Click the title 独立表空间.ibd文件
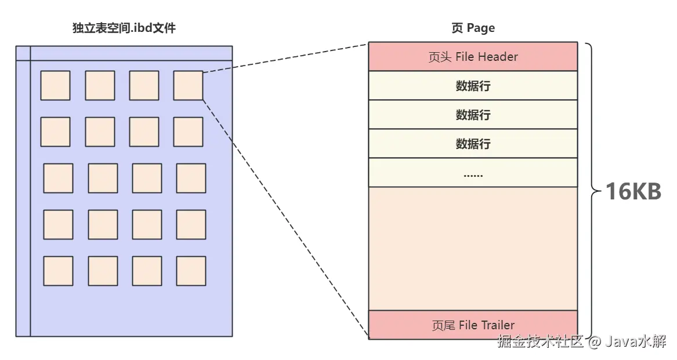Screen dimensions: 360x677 tap(124, 28)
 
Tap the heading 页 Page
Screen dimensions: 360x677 tap(473, 28)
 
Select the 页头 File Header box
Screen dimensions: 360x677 tap(473, 57)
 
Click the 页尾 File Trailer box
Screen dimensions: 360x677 tap(473, 325)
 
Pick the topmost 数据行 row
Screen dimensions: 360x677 tap(473, 86)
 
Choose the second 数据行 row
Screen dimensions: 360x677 tap(473, 115)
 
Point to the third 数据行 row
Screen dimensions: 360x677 tap(473, 143)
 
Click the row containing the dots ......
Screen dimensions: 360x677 tap(473, 173)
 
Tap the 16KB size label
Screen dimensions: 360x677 tap(633, 191)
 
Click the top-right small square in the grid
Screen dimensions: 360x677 tap(188, 85)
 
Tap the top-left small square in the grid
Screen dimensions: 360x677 tap(55, 85)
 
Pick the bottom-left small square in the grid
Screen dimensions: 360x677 tap(58, 271)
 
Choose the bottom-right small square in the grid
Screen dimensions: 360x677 tap(191, 271)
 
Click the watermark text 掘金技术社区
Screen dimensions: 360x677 tap(540, 341)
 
